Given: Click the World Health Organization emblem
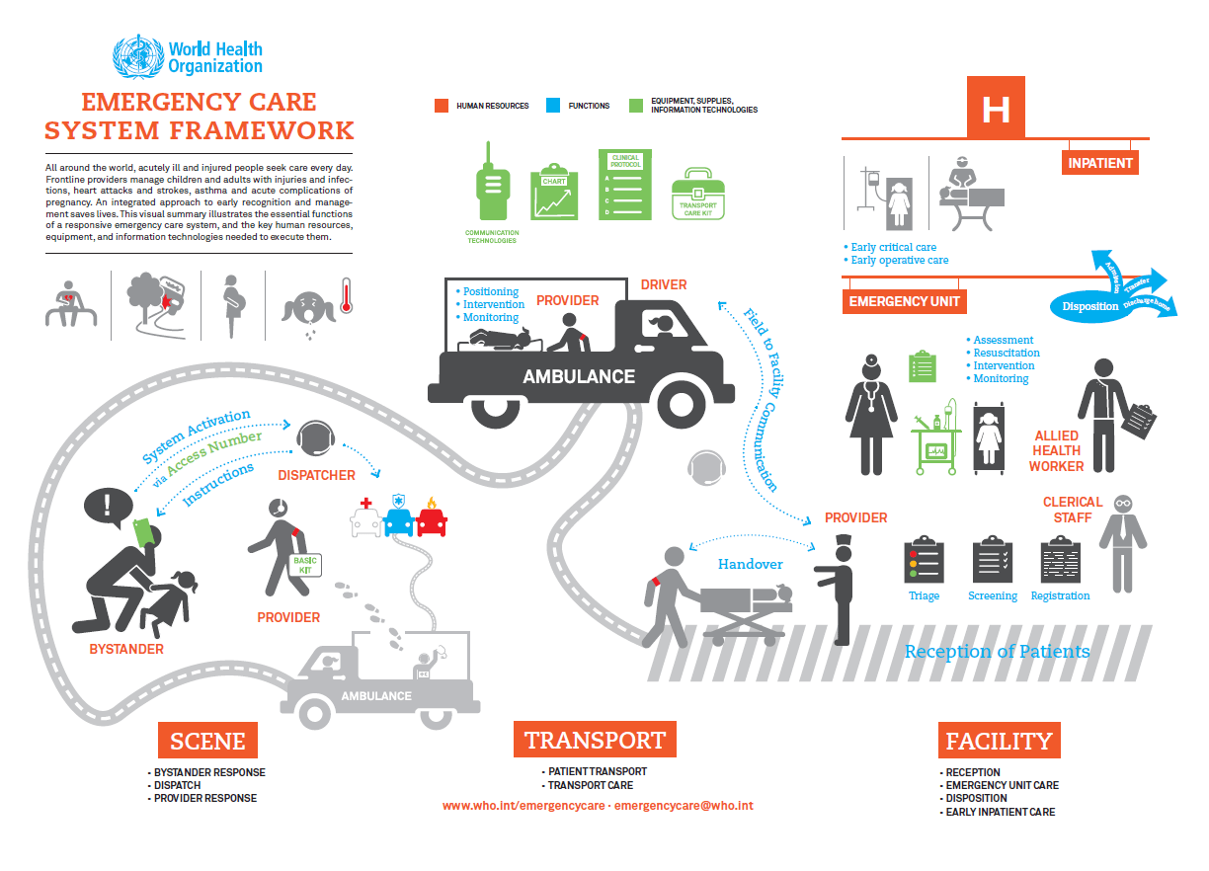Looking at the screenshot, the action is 137,57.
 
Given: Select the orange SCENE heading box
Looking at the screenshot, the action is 207,741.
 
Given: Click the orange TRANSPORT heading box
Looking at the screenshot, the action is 595,740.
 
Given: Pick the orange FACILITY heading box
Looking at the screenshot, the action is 999,741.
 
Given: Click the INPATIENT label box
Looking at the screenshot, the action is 1100,163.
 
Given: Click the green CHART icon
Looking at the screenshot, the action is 554,193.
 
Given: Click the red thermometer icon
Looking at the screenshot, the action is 346,293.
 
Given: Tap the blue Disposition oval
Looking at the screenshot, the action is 1090,306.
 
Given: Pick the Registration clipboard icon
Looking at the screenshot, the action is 1060,560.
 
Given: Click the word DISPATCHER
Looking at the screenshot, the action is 316,475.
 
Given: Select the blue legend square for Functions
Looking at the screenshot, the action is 553,106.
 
